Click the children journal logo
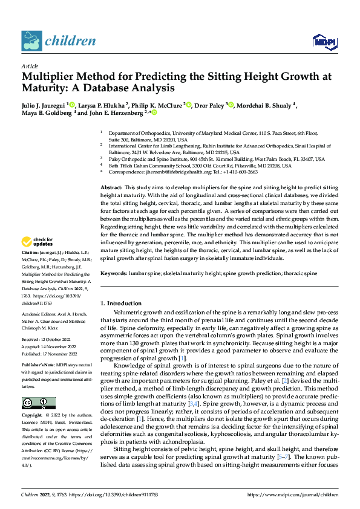point(58,41)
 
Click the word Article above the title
point(30,66)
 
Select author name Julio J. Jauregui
point(44,105)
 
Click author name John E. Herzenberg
point(119,112)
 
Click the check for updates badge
point(38,242)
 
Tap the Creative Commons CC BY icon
point(38,403)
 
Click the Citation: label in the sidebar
point(30,251)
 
